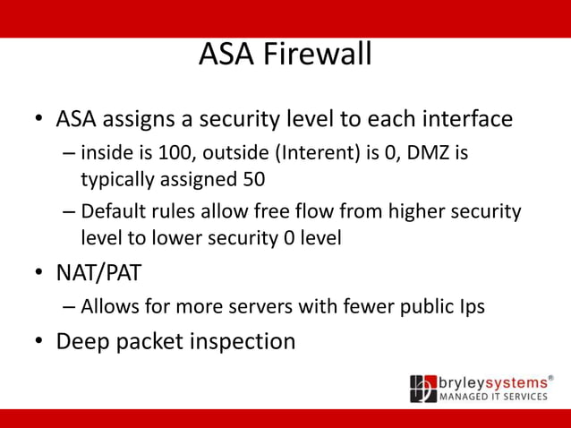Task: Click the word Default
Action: (x=113, y=212)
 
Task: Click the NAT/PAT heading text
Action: (x=98, y=271)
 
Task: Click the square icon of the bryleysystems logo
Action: (x=423, y=389)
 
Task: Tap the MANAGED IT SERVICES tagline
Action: (x=493, y=397)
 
